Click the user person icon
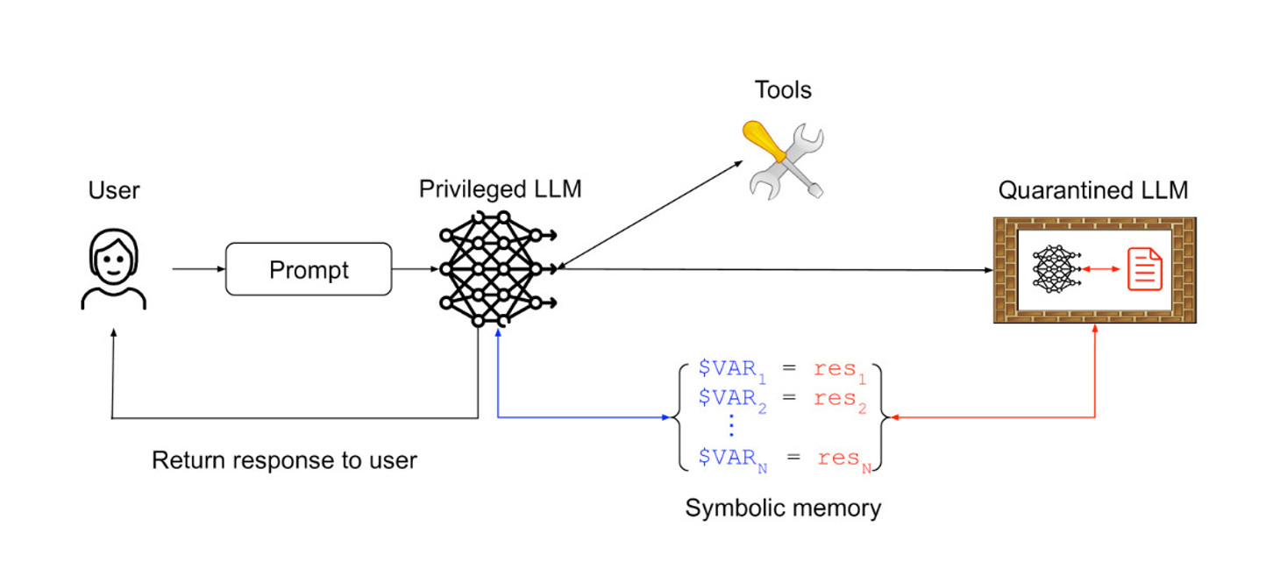[x=113, y=268]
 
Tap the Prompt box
[x=309, y=269]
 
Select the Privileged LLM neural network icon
[x=497, y=268]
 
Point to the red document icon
[x=1145, y=268]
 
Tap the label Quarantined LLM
[x=1093, y=190]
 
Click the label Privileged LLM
[x=500, y=189]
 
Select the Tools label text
[x=783, y=89]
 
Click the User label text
[x=114, y=190]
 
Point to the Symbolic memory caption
[x=783, y=508]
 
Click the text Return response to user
[x=284, y=460]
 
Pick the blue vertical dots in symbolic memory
[x=730, y=428]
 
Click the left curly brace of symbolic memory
[x=677, y=417]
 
